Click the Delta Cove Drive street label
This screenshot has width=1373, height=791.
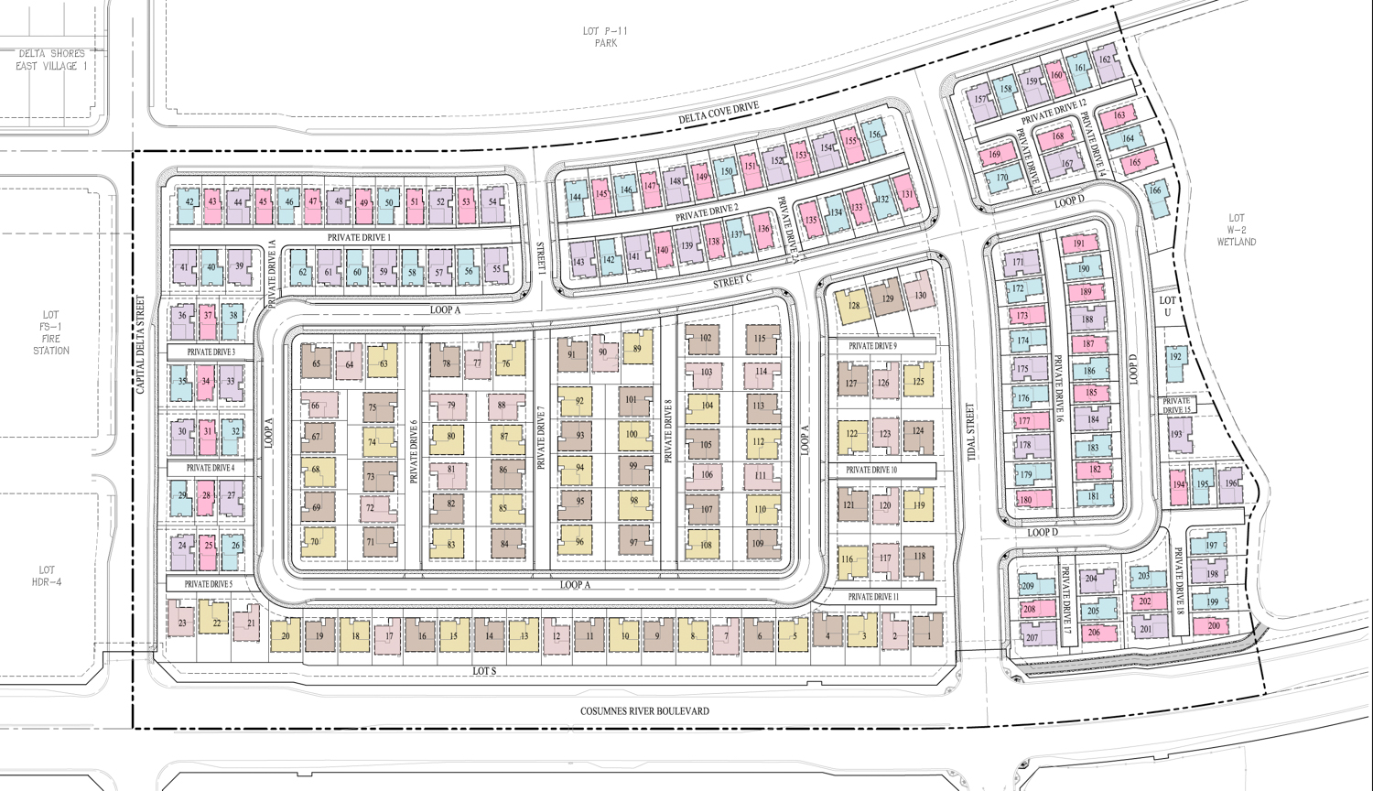click(x=719, y=114)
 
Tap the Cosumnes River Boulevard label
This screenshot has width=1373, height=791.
click(x=644, y=711)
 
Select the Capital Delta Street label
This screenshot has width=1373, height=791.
click(x=141, y=344)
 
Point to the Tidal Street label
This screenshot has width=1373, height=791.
click(x=970, y=432)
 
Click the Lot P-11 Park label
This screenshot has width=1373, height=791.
click(x=605, y=37)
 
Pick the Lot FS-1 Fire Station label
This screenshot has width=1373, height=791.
click(x=50, y=332)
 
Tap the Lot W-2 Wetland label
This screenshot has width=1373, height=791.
click(x=1236, y=230)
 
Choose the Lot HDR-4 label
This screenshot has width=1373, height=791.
click(x=47, y=576)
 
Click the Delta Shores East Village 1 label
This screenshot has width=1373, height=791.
click(x=51, y=60)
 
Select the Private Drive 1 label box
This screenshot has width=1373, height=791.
click(x=359, y=237)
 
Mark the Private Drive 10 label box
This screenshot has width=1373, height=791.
click(x=871, y=470)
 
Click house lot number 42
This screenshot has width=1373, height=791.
click(x=189, y=203)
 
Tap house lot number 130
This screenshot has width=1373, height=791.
click(x=920, y=295)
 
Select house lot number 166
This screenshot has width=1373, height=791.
click(x=1155, y=190)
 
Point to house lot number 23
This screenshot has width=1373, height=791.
click(x=182, y=623)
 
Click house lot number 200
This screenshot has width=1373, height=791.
click(x=1213, y=626)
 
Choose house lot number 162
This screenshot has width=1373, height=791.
click(x=1105, y=60)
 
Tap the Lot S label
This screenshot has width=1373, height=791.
click(x=484, y=671)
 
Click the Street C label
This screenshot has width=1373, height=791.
click(x=732, y=282)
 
